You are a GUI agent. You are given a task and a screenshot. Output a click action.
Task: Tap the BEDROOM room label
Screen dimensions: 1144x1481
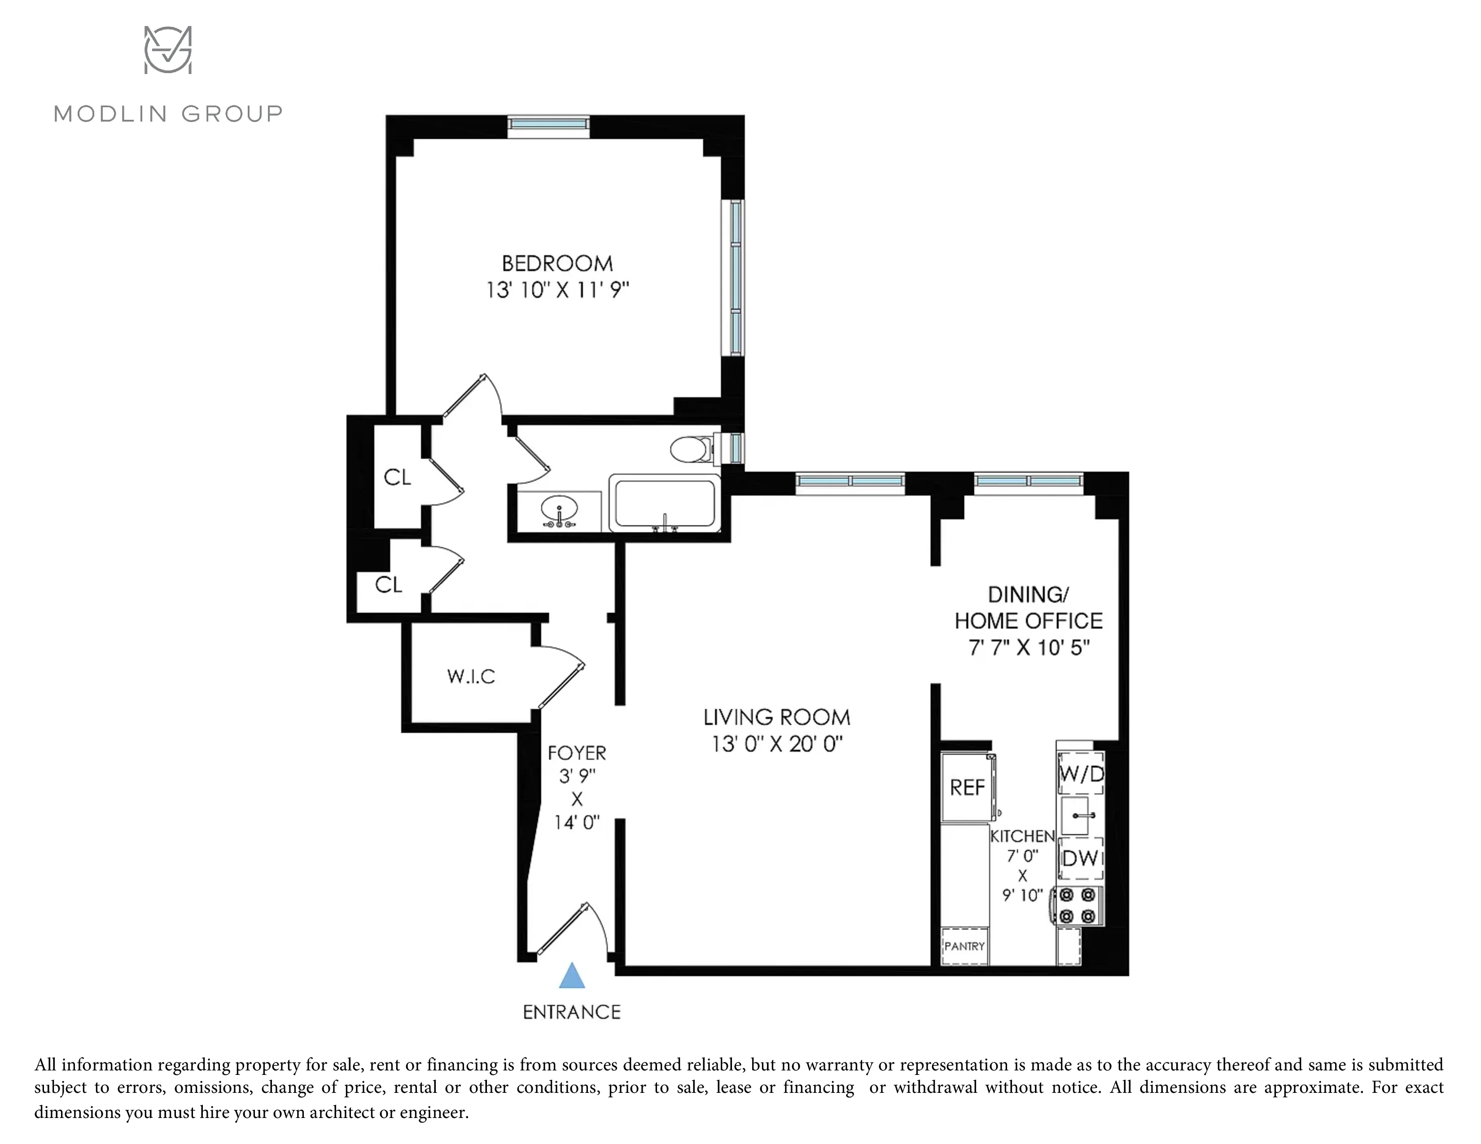pyautogui.click(x=557, y=264)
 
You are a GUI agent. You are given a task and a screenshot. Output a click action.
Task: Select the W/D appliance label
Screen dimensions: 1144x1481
pyautogui.click(x=1081, y=773)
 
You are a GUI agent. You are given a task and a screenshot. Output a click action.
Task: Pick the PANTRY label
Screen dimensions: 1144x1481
pyautogui.click(x=964, y=946)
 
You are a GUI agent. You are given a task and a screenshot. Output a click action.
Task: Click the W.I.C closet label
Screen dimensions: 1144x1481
pyautogui.click(x=471, y=677)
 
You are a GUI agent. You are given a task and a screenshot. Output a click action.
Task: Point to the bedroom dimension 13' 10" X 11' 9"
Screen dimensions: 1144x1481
pyautogui.click(x=557, y=291)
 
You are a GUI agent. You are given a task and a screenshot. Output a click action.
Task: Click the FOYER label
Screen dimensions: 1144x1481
pyautogui.click(x=576, y=753)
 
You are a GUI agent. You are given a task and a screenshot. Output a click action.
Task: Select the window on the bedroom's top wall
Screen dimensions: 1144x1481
pyautogui.click(x=548, y=124)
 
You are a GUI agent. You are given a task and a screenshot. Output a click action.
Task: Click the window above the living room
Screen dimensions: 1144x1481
pyautogui.click(x=850, y=481)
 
